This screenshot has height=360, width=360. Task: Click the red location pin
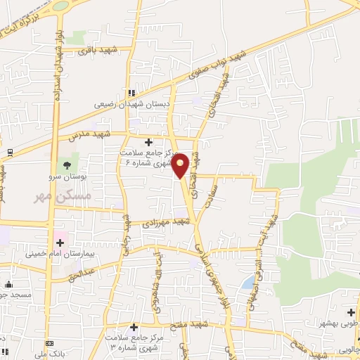[x=181, y=165]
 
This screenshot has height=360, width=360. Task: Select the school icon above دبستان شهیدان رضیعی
[x=131, y=92]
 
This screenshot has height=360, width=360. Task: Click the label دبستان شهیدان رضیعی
[x=131, y=103]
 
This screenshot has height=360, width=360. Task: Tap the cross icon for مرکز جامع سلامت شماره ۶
[x=148, y=141]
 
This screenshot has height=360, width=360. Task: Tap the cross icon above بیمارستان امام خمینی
[x=59, y=243]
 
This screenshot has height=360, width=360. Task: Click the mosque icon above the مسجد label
[x=9, y=285]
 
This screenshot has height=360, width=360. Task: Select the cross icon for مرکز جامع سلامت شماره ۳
[x=134, y=327]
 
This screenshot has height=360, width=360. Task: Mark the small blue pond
[x=249, y=283]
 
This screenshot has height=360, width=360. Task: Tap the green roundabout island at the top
[x=60, y=5]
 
